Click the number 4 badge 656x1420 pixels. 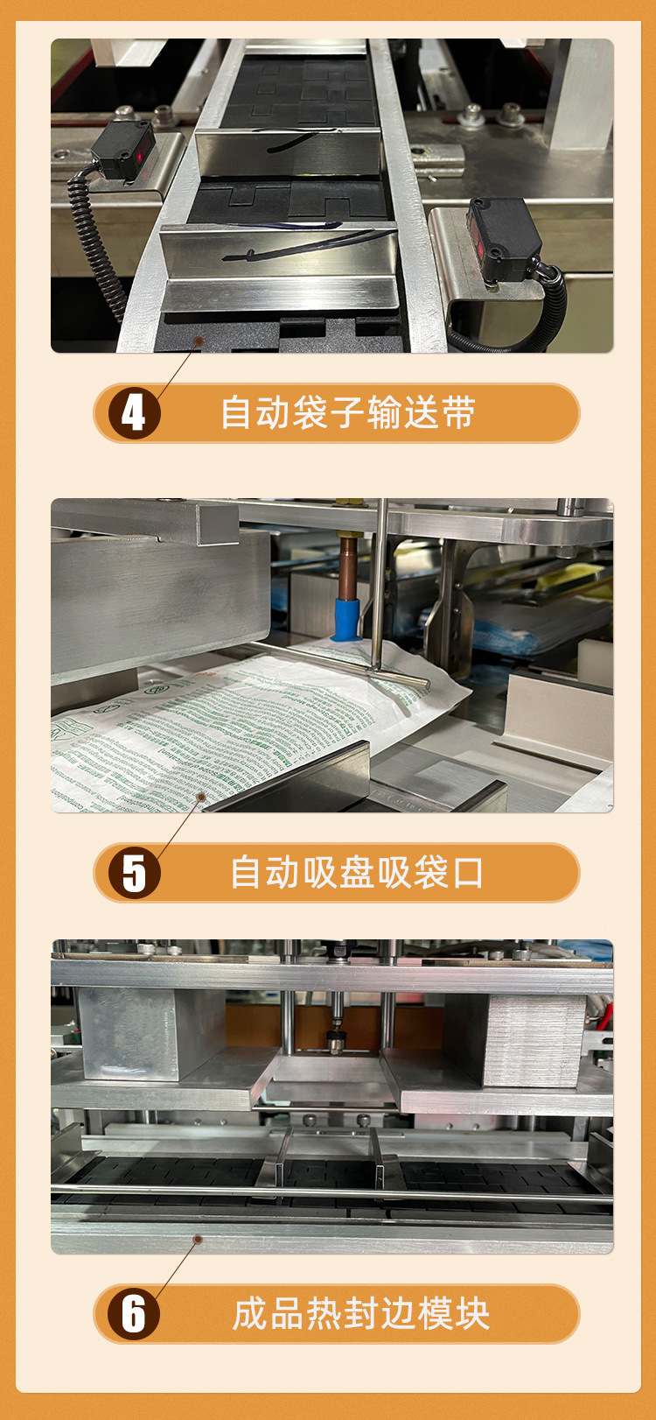[134, 413]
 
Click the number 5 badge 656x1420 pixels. [134, 873]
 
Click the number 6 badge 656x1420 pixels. [134, 1314]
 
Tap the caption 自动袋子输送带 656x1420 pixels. [347, 413]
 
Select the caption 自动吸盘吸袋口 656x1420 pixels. [356, 873]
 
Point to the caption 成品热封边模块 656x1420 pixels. [360, 1314]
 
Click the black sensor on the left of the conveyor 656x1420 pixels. [123, 151]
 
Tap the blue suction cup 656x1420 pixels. [346, 616]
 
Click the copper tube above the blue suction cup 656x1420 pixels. [348, 560]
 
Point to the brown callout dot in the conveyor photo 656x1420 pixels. [199, 342]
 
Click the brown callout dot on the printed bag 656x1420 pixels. [201, 797]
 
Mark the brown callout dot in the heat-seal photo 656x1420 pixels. [199, 1239]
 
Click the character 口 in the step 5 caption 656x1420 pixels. [469, 873]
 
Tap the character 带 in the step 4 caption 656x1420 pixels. [458, 413]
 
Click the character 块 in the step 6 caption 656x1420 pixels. [472, 1314]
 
